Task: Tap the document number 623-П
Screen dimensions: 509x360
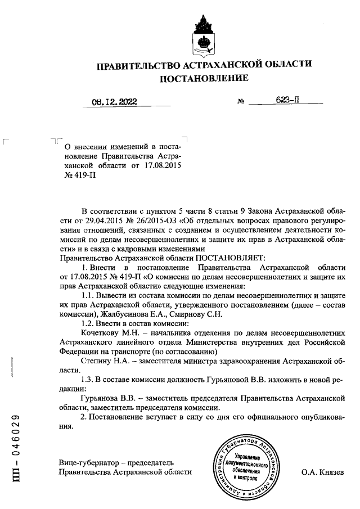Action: coord(286,101)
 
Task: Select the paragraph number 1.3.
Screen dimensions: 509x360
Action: coord(88,379)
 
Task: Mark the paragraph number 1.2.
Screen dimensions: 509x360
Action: coord(88,323)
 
